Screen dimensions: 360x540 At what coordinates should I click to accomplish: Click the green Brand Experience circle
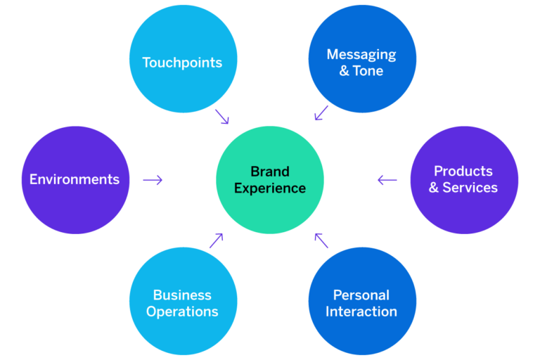point(270,180)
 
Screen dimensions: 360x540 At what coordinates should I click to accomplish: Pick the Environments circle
point(75,180)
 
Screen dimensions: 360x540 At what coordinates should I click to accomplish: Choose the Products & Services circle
point(464,180)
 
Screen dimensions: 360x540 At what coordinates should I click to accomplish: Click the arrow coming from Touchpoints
point(222,116)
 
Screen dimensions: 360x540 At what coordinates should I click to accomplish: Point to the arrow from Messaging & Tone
point(321,112)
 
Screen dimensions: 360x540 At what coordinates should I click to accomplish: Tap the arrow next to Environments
point(153,180)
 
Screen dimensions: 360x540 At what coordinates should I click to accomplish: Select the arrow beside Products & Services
point(387,180)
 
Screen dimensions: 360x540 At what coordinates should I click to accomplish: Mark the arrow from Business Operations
point(216,240)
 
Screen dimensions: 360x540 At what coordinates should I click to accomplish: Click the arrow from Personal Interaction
point(321,240)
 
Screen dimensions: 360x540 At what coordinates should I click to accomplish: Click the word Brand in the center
point(269,172)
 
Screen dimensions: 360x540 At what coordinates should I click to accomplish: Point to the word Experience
point(270,188)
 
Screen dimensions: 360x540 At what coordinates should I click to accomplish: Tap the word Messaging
point(361,54)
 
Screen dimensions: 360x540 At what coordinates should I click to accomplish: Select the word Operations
point(182,311)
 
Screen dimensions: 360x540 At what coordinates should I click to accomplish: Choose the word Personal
point(361,295)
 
